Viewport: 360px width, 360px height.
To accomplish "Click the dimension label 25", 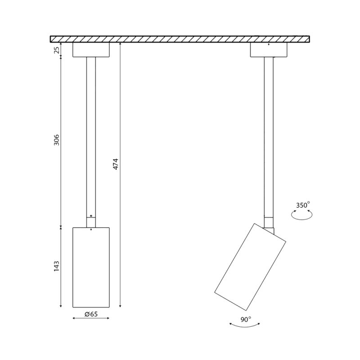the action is [x=57, y=49].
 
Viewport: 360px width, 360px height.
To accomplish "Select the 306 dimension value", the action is [x=57, y=140].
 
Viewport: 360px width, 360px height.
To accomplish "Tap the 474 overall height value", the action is [x=116, y=164].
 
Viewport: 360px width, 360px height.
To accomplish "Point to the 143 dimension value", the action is [x=57, y=266].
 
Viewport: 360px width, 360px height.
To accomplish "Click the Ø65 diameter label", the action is [x=91, y=314].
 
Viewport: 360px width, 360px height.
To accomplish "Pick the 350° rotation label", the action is [x=302, y=205].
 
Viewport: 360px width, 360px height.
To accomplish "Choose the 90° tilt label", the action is [x=246, y=319].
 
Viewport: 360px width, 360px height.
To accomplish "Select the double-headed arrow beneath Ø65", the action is [x=91, y=318].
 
